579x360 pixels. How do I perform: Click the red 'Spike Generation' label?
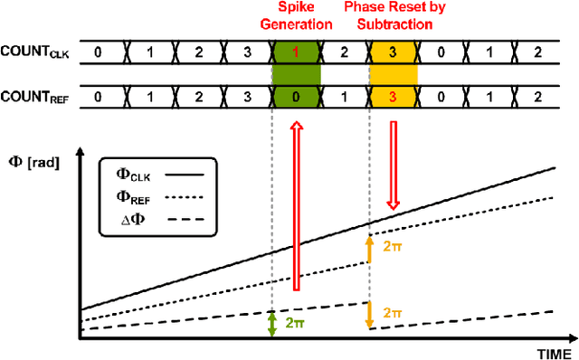[297, 17]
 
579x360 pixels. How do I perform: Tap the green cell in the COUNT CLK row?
[296, 52]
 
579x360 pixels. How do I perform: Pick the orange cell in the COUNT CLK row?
[393, 52]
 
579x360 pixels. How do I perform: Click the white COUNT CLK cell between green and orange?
[344, 52]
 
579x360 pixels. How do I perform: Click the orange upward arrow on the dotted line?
[369, 249]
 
